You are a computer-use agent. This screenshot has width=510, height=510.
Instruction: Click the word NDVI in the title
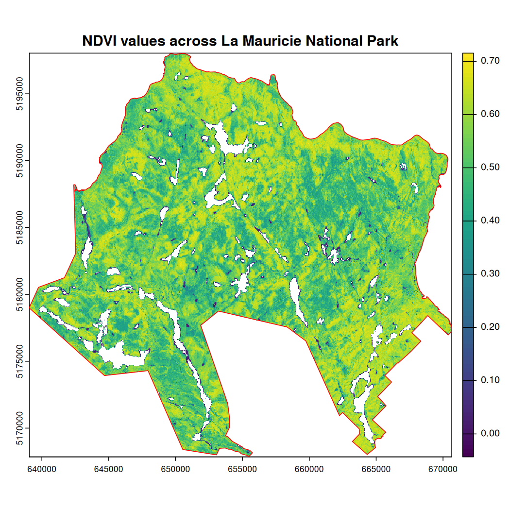coord(99,41)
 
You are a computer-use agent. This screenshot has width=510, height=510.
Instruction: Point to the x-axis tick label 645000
coord(108,470)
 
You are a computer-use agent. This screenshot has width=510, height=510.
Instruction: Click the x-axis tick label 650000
coord(175,470)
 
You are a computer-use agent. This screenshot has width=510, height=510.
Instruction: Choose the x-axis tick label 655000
coord(242,470)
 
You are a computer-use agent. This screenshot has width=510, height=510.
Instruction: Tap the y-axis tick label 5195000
coord(19,94)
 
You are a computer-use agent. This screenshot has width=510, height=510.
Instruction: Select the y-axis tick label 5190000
coord(19,161)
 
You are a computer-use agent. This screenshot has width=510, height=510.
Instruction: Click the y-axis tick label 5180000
coord(19,294)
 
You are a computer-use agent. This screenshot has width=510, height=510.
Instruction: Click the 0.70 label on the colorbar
coord(490,61)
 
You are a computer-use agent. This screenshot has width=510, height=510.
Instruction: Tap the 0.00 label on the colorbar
coord(490,433)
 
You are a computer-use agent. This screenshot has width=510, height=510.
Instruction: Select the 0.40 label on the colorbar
coord(490,221)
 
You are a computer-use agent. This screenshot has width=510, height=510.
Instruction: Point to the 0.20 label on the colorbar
coord(490,327)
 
